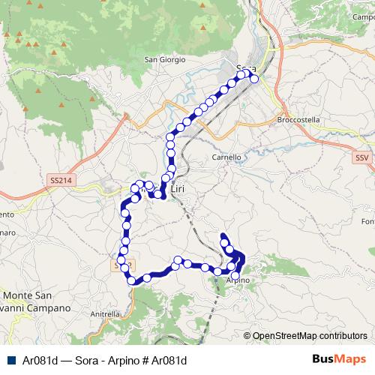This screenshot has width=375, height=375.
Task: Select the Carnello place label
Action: pos(226,157)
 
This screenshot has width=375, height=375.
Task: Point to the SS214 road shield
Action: pos(58,181)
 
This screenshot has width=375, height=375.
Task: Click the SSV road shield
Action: pos(361,157)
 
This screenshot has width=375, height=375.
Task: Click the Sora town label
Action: pos(245,69)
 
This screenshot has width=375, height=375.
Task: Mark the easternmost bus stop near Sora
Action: pos(254,79)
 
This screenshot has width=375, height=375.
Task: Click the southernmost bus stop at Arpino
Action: pos(236,276)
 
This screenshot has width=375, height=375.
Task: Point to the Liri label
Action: pos(178,190)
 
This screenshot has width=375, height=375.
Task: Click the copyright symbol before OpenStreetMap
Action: pos(247,336)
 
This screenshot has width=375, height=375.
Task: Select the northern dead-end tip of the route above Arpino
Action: pos(222,237)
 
